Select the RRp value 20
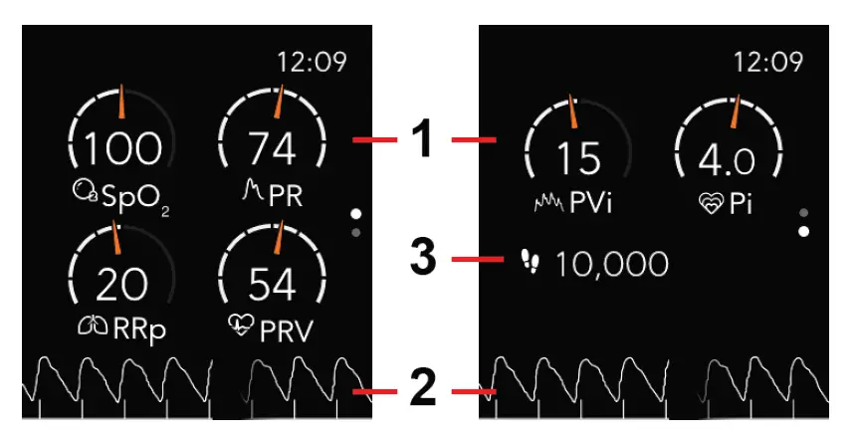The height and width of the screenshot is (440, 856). [121, 286]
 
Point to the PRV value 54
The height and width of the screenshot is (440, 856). [273, 286]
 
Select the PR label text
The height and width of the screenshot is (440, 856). [286, 196]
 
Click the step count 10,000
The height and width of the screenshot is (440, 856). [612, 264]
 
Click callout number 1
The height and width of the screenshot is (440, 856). [424, 140]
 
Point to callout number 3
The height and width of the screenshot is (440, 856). [424, 262]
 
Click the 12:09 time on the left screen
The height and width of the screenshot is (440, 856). [312, 62]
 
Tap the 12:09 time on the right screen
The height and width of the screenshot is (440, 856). [767, 62]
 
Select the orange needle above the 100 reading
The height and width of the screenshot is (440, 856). [121, 101]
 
